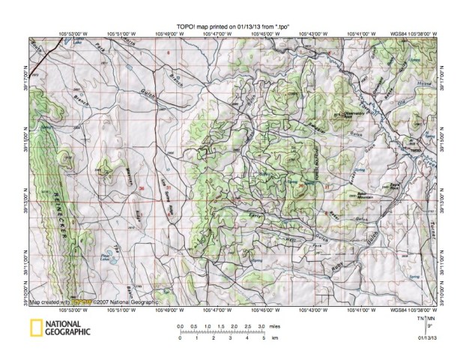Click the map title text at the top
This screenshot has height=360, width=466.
232,25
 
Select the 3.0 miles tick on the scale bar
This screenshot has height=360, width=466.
260,328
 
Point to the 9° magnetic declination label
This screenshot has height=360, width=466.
429,328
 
